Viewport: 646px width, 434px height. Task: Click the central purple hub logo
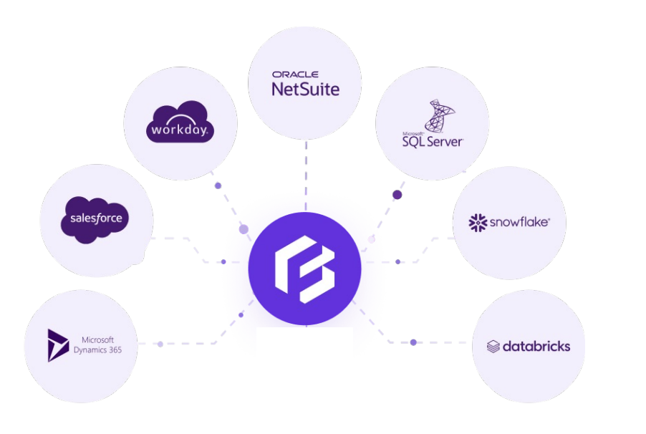point(305,269)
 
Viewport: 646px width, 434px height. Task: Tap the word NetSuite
point(305,89)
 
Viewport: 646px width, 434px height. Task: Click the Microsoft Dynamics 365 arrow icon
point(57,345)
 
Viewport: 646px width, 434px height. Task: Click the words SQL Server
point(433,141)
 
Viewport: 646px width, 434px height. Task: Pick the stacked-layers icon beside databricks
point(493,347)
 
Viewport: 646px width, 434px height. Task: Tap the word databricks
point(536,347)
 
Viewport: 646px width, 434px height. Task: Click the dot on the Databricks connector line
point(413,342)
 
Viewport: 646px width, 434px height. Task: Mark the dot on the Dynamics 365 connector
point(160,344)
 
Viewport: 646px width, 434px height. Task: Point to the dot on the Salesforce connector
point(223,261)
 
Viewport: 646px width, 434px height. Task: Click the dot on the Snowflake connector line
point(398,261)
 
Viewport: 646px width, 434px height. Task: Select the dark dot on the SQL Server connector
point(397,195)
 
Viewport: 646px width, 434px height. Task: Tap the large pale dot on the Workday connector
point(244,229)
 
